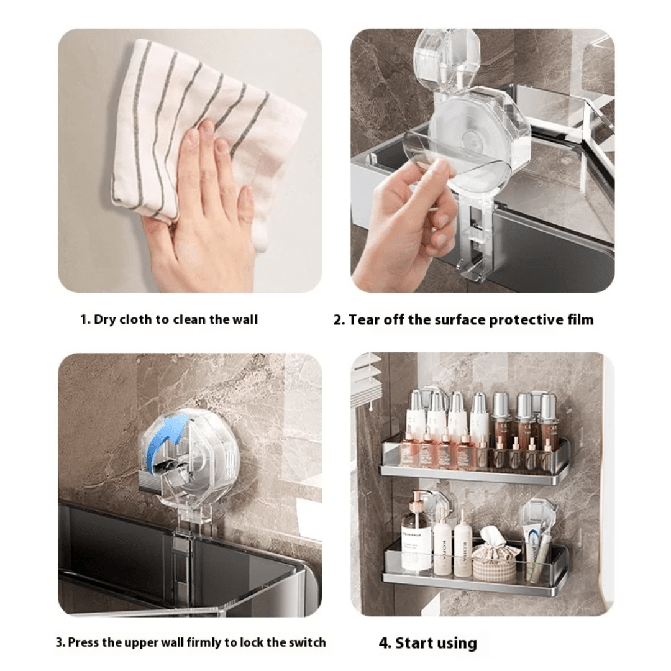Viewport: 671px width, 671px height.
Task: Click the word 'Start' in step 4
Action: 414,643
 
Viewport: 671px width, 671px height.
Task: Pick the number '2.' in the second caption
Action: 339,320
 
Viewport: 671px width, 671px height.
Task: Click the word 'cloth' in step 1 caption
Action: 135,320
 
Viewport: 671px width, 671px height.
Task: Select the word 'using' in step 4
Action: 457,643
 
